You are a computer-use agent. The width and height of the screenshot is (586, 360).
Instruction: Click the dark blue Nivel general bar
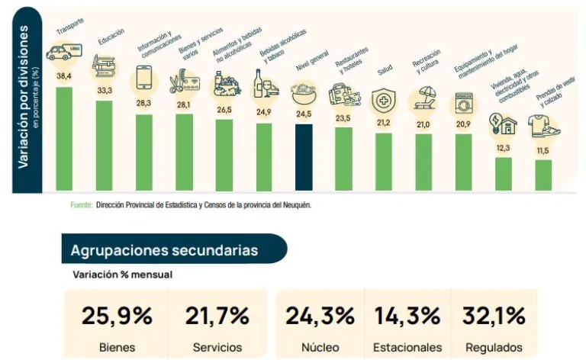click(304, 156)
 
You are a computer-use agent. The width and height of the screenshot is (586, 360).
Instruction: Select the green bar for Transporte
click(64, 138)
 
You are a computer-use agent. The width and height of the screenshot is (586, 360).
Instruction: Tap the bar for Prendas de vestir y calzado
click(543, 175)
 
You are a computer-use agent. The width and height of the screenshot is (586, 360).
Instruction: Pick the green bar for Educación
click(104, 145)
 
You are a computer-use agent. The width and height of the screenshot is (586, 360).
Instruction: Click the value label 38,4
click(64, 76)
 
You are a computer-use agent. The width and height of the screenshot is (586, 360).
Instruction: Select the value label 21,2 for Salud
click(383, 123)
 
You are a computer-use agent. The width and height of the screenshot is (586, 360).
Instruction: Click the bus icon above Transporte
click(64, 53)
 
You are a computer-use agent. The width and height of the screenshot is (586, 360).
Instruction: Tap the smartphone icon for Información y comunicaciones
click(143, 78)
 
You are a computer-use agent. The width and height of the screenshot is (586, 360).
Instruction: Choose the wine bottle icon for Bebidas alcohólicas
click(262, 84)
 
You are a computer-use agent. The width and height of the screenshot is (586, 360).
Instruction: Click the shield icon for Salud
click(383, 100)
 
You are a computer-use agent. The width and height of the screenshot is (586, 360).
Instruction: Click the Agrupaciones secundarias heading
click(164, 250)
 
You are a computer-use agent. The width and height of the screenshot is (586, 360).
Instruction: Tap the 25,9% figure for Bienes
click(117, 316)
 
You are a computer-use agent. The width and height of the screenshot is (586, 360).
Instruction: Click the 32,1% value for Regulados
click(493, 316)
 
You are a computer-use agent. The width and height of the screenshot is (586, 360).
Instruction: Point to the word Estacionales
click(407, 347)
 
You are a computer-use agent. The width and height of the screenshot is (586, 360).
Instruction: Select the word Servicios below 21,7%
click(217, 347)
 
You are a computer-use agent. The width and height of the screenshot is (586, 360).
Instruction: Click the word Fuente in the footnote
click(81, 205)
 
